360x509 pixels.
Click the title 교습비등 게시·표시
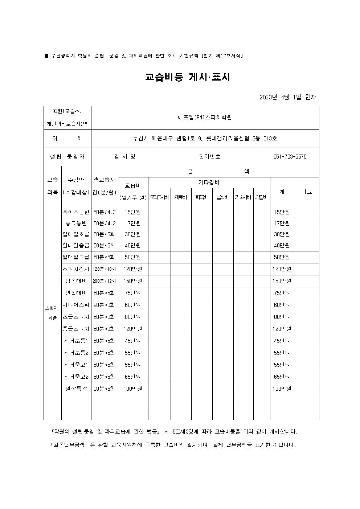click(188, 77)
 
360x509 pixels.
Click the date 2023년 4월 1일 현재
click(288, 97)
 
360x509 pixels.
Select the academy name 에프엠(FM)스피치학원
click(205, 117)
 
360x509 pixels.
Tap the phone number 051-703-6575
click(290, 157)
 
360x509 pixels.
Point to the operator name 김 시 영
click(124, 157)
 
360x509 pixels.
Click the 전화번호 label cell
click(210, 157)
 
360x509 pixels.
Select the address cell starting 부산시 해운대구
click(205, 138)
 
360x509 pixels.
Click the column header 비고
click(307, 192)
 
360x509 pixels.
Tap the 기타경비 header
click(209, 182)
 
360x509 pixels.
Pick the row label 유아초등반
click(76, 212)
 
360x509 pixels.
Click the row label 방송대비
click(76, 281)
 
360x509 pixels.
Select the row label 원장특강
click(76, 389)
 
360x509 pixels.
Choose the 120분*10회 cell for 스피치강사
click(105, 269)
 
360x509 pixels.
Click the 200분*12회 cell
click(105, 281)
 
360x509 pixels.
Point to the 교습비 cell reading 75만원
click(133, 293)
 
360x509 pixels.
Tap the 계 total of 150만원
click(282, 281)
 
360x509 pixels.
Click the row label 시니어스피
click(76, 305)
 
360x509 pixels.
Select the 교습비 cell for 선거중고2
click(133, 377)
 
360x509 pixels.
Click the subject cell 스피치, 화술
click(52, 313)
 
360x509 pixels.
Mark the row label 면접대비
click(76, 293)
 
